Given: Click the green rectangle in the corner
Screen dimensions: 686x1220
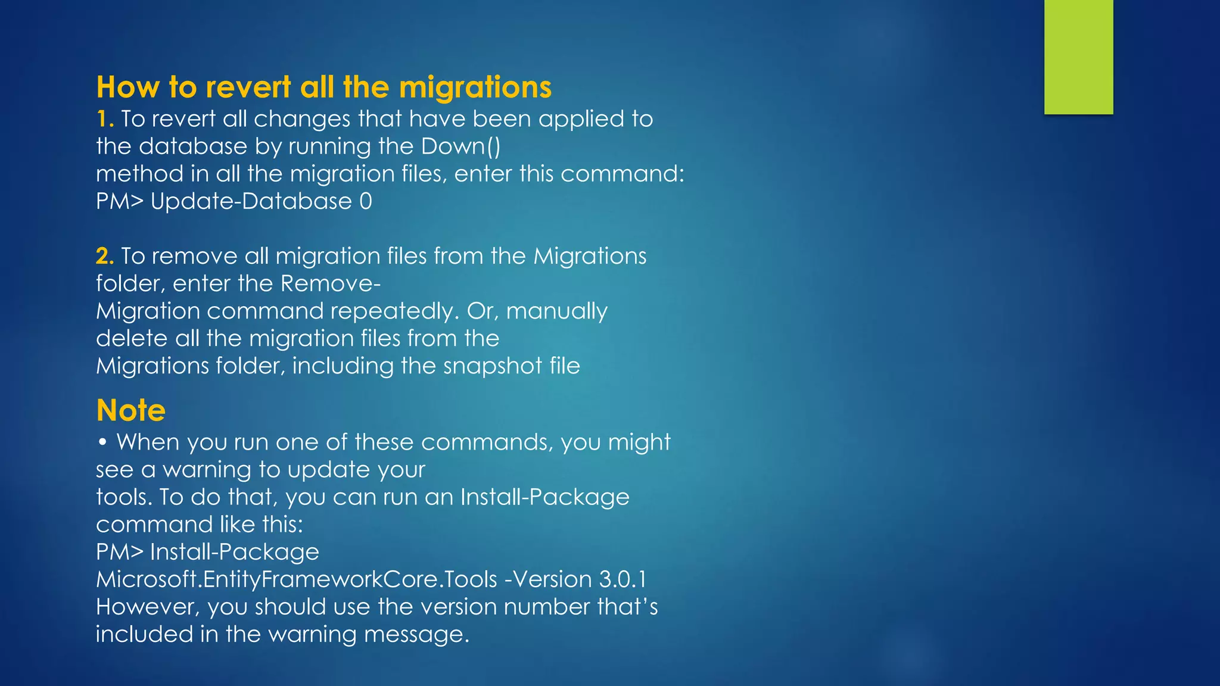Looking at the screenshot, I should click(1078, 57).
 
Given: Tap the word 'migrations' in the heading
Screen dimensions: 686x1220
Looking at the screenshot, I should click(475, 87).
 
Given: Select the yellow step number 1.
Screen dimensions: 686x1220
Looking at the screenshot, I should click(104, 119).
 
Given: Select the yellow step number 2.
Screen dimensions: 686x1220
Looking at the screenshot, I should click(104, 256).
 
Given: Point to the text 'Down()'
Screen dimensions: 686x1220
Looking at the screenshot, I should click(460, 146).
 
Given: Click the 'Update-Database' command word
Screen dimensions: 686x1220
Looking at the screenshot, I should click(251, 201).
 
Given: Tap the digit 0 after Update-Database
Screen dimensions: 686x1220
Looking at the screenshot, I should click(366, 201).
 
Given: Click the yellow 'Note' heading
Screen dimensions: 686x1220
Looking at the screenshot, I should click(131, 410).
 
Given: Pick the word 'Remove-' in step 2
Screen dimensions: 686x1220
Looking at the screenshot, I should click(331, 283).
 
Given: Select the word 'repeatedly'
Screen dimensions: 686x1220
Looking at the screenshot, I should click(393, 311).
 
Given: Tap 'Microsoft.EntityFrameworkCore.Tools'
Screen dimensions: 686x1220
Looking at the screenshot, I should click(297, 579).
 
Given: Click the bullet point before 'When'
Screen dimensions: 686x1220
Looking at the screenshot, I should click(103, 442).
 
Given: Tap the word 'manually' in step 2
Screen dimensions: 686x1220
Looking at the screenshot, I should click(556, 311).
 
